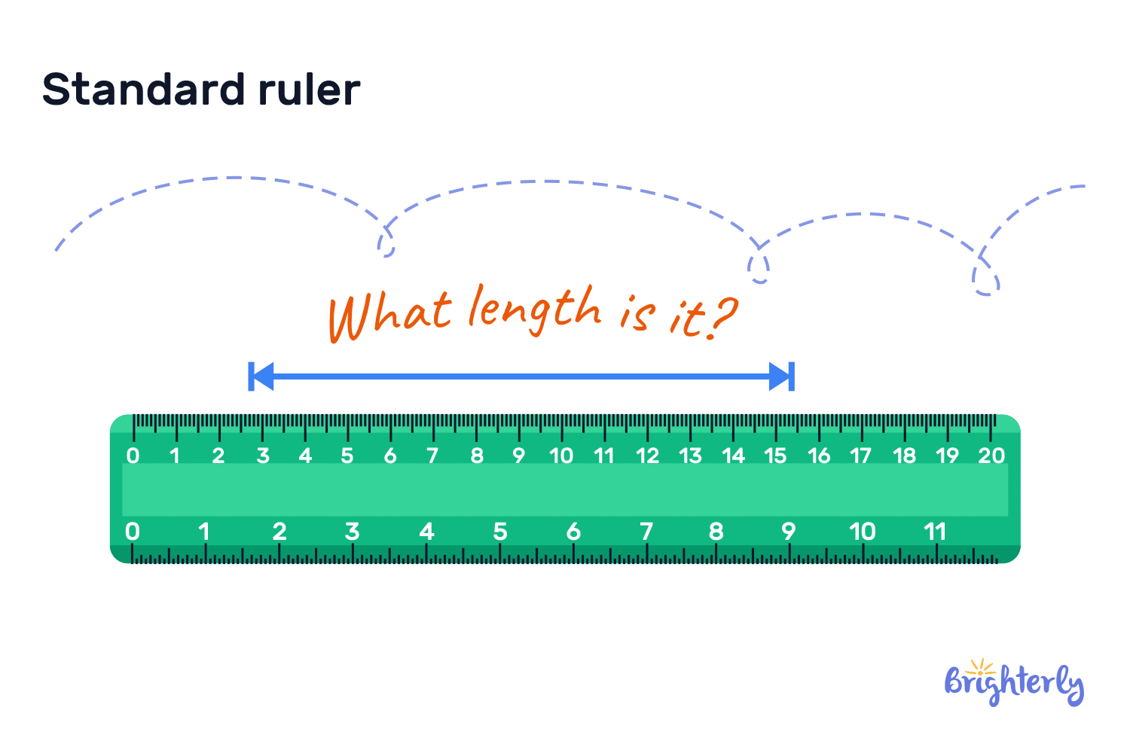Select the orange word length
coord(534,309)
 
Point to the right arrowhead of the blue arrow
coord(780,376)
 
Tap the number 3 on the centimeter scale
coord(263,456)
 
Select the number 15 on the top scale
coord(775,456)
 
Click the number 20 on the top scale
coord(991,456)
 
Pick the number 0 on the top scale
coord(133,456)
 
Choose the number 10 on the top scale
coord(561,456)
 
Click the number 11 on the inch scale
coord(935,532)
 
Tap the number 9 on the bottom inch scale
coord(789,532)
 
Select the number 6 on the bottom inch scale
coord(574,532)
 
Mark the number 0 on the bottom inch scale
coord(133,532)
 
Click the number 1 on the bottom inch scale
coord(203,532)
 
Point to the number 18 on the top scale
coord(904,456)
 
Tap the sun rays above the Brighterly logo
coord(980,666)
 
